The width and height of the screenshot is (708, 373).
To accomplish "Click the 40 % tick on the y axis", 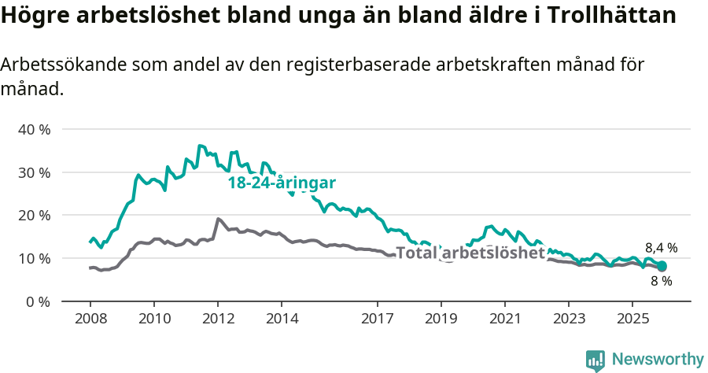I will click(34, 129).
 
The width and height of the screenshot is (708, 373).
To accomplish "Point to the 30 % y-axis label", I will click(34, 172).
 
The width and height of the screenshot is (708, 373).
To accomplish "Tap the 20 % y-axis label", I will click(34, 216).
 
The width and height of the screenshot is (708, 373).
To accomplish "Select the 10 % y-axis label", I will click(34, 259).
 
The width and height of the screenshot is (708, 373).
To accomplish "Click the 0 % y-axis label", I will click(38, 301).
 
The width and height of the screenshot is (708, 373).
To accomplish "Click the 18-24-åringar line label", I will click(282, 183).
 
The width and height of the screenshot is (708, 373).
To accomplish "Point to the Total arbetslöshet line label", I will click(470, 253).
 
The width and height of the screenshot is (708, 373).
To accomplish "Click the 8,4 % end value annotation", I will click(661, 247).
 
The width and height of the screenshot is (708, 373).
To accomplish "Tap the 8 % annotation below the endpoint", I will click(661, 281).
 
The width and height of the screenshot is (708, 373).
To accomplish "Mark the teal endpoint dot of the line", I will click(662, 267).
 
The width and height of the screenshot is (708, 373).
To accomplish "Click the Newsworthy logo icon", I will click(595, 360).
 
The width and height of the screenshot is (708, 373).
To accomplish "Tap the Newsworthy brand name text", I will click(658, 359).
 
